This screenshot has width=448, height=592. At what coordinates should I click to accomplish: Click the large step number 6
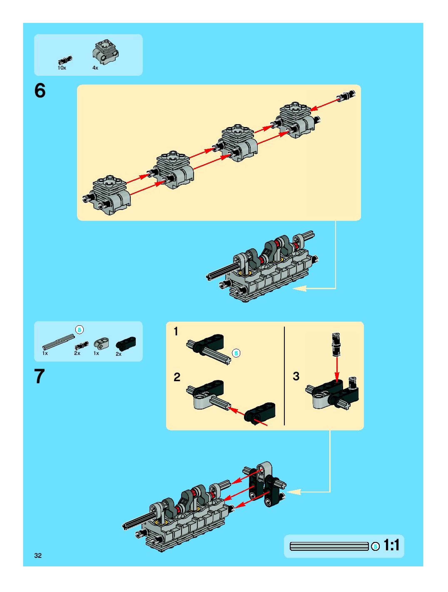pos(40,91)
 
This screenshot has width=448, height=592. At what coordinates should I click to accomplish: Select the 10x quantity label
pos(62,68)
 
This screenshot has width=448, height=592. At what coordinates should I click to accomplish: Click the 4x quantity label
pos(95,68)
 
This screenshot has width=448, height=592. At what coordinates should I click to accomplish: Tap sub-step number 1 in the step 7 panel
pos(176,332)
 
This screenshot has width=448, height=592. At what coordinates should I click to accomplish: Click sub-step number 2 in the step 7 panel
pos(177,377)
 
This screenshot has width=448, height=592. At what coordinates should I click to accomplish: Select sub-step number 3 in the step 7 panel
pos(296,376)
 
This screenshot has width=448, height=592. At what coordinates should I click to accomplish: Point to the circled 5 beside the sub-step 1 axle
pos(236,353)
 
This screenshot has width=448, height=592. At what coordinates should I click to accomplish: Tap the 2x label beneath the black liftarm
pos(118,354)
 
